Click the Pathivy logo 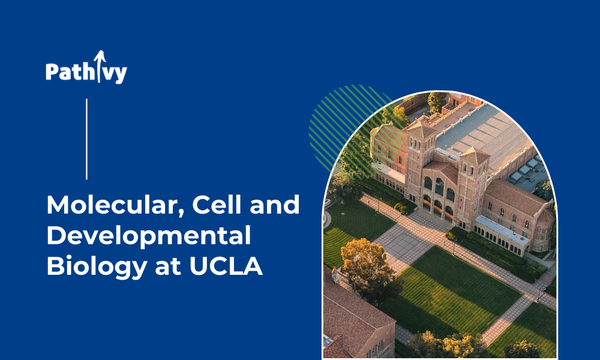click(x=86, y=67)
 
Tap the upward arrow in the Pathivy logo click(x=100, y=66)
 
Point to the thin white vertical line click(x=86, y=139)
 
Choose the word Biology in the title click(x=97, y=267)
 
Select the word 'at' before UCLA click(x=169, y=266)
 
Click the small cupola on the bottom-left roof click(x=335, y=275)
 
